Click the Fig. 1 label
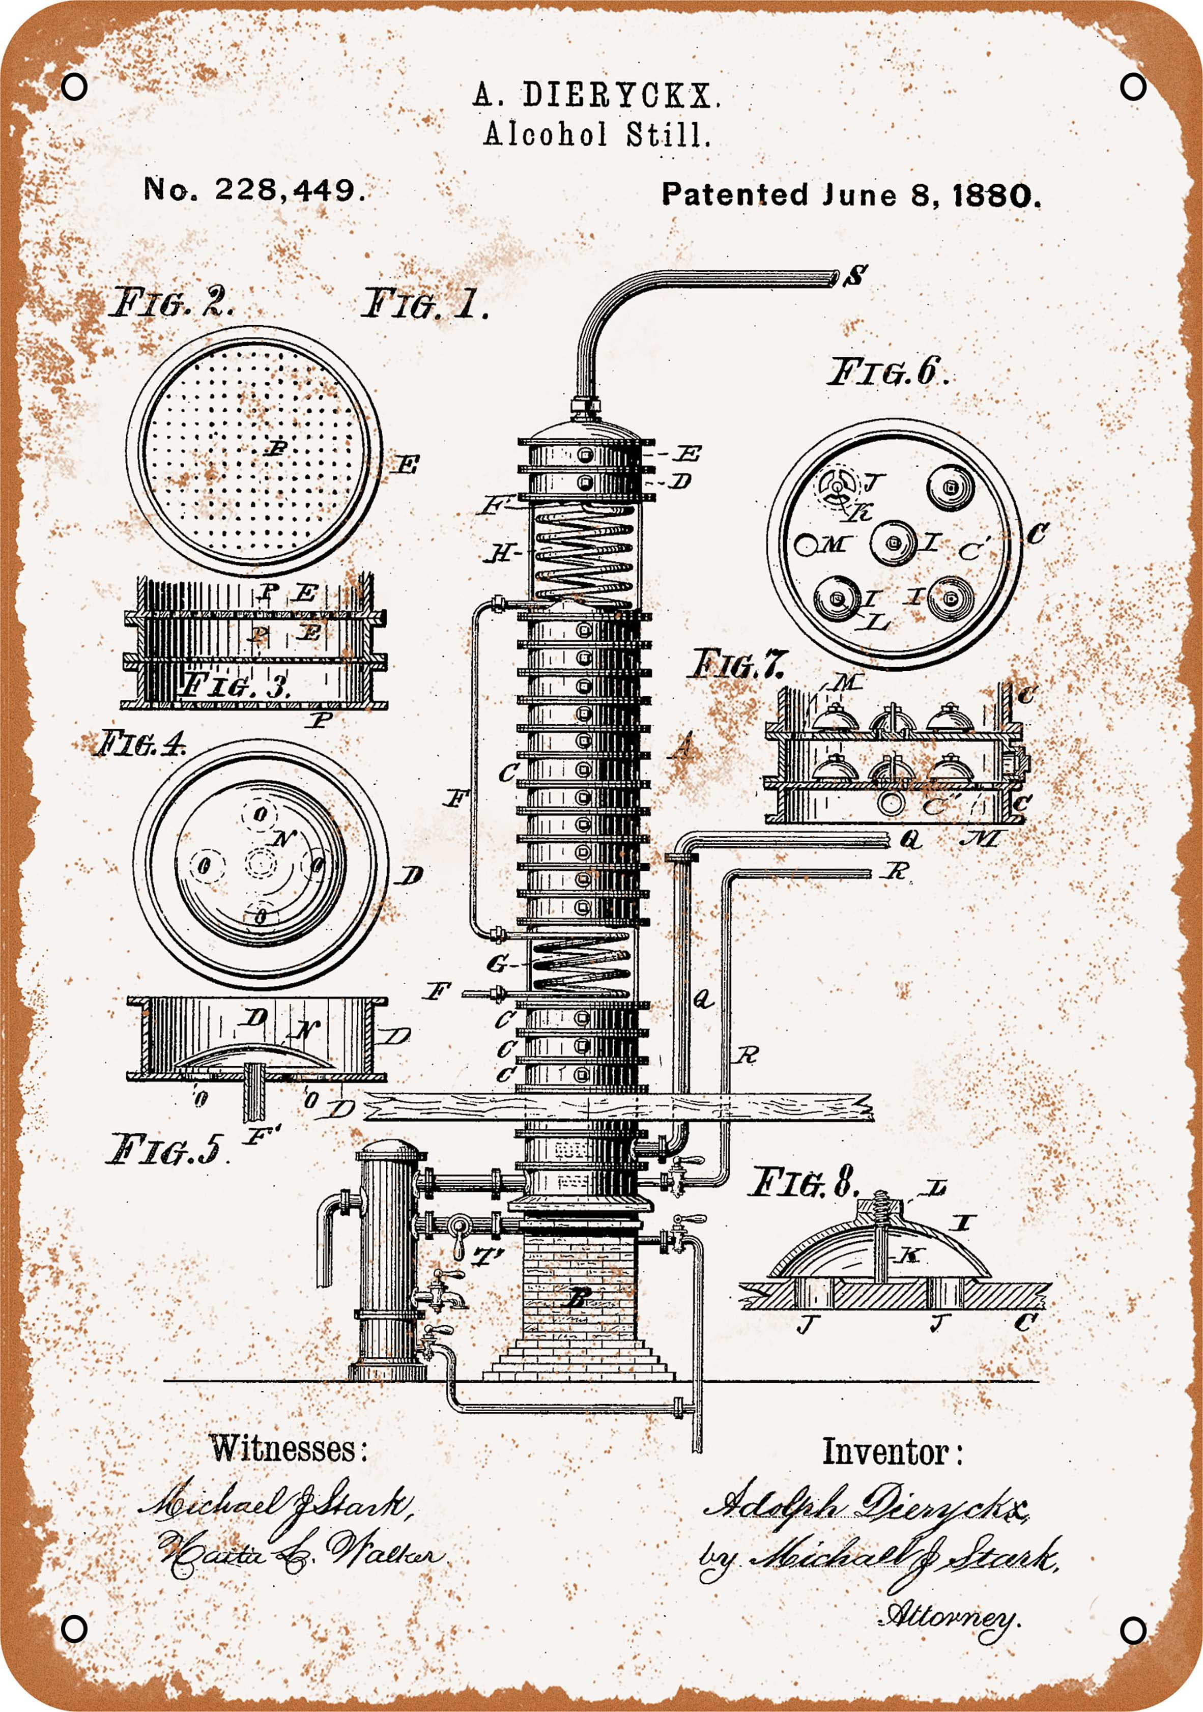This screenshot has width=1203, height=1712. tap(424, 306)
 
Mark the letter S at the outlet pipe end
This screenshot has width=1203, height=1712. tap(856, 277)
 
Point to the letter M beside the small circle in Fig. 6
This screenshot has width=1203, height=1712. tap(832, 545)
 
